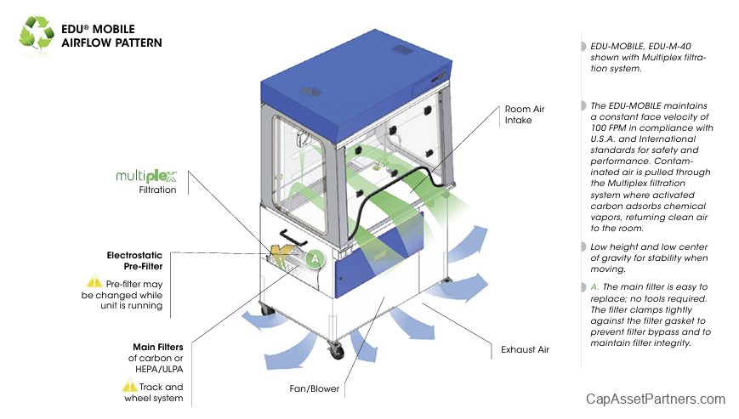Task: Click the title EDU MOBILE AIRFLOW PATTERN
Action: coord(111,36)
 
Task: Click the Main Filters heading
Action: coord(158,347)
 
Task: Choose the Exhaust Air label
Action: coord(525,348)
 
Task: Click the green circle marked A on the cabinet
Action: coord(315,257)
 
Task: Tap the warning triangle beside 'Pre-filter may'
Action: coord(94,281)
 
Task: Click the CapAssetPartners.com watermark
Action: coord(656,399)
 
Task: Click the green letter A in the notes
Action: coord(594,287)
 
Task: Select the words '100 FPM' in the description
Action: coord(607,127)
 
